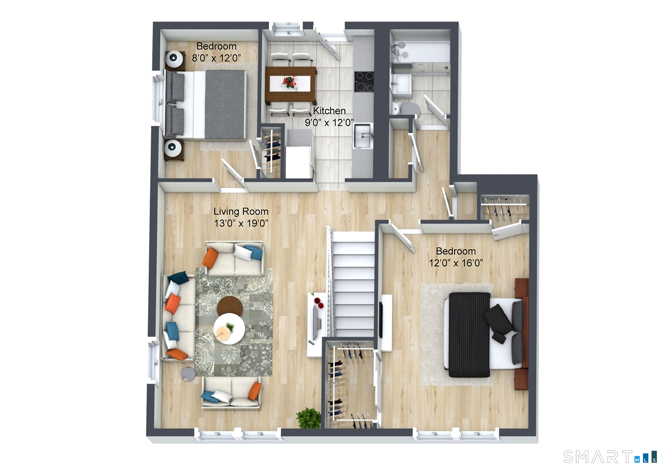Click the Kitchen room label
[329, 111]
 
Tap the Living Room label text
[241, 212]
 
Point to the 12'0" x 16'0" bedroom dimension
[456, 263]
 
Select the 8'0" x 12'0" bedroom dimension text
[216, 58]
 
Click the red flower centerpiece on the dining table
[289, 82]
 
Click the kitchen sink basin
[362, 136]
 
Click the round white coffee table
[229, 328]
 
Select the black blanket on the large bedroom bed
[469, 335]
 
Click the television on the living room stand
[316, 323]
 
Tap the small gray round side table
[188, 374]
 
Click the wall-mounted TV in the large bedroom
[381, 320]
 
